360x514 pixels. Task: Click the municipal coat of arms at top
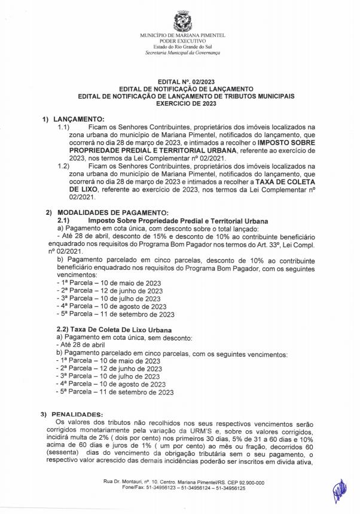pos(182,22)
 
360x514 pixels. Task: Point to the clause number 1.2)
pos(63,165)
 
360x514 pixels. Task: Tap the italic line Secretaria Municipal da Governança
pos(182,53)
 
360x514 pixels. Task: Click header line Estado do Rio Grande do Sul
pos(182,47)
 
